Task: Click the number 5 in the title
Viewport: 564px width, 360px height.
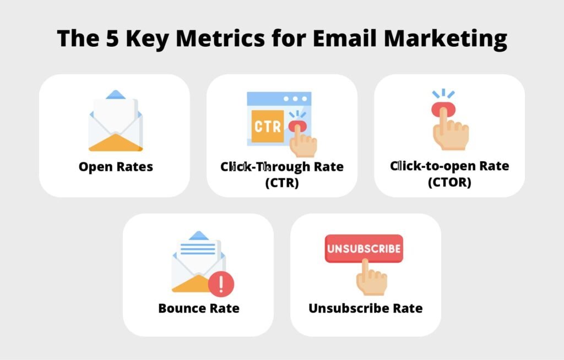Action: point(112,38)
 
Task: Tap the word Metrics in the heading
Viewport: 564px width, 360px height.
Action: point(220,38)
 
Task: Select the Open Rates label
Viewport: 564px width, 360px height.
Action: point(116,167)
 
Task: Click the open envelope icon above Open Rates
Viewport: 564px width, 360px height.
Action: point(116,121)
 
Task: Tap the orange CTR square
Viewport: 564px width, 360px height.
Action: point(268,126)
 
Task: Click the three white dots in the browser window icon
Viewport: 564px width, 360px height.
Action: point(295,99)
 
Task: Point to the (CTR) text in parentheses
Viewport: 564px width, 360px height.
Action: point(282,183)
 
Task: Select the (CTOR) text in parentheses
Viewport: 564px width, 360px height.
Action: point(449,182)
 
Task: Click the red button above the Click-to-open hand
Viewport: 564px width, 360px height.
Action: point(443,108)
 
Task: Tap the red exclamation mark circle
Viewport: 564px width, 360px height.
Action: point(221,283)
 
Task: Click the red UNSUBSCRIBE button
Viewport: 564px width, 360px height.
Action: point(364,248)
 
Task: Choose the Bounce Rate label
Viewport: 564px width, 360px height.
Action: point(199,308)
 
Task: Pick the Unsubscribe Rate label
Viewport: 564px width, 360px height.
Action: point(366,308)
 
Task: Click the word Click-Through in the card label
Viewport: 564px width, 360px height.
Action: point(265,167)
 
